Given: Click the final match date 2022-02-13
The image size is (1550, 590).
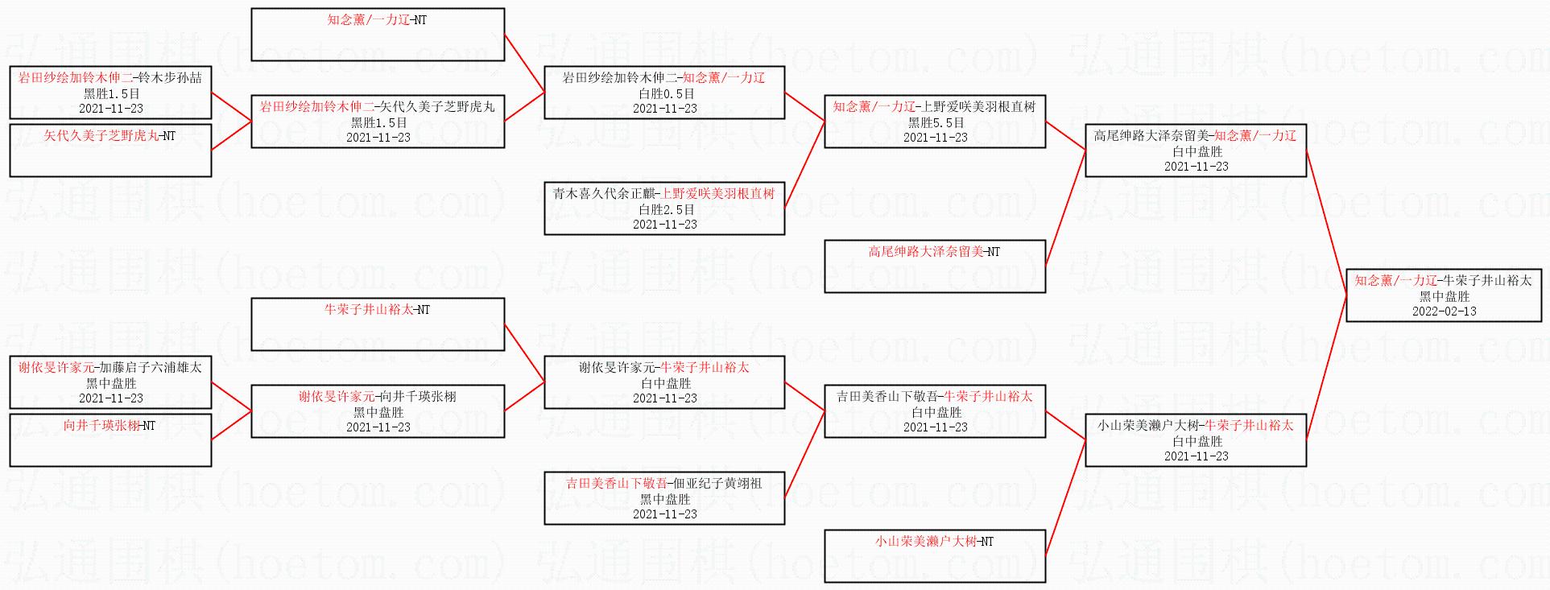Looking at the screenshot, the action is click(1444, 312).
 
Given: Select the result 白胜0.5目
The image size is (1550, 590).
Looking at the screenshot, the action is click(666, 93).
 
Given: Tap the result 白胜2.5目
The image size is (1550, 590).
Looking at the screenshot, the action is click(666, 209).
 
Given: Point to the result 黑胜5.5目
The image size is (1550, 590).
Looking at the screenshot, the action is click(936, 122).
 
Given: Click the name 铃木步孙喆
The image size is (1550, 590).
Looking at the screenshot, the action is click(170, 77).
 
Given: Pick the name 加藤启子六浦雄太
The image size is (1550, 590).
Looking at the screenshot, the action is click(151, 367).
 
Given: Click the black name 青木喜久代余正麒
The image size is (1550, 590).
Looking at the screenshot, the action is click(604, 193).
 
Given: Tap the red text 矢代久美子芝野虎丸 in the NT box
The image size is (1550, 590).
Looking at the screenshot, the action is click(101, 135).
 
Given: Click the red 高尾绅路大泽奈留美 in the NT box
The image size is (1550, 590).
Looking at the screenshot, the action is click(926, 251).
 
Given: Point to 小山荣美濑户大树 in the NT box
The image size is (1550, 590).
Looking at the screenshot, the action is click(926, 541).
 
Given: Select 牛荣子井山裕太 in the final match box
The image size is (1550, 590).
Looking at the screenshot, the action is click(1487, 280).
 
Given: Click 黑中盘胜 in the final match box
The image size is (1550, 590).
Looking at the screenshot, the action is click(1444, 296).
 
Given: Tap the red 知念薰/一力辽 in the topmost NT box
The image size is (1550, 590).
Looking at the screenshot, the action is click(369, 19).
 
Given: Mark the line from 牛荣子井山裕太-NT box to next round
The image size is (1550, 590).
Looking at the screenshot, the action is click(524, 353).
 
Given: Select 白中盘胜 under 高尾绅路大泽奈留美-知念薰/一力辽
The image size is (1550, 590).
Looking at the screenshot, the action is click(1197, 151).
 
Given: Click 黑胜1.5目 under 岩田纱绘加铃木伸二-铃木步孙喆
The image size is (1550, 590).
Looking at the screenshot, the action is click(111, 93).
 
